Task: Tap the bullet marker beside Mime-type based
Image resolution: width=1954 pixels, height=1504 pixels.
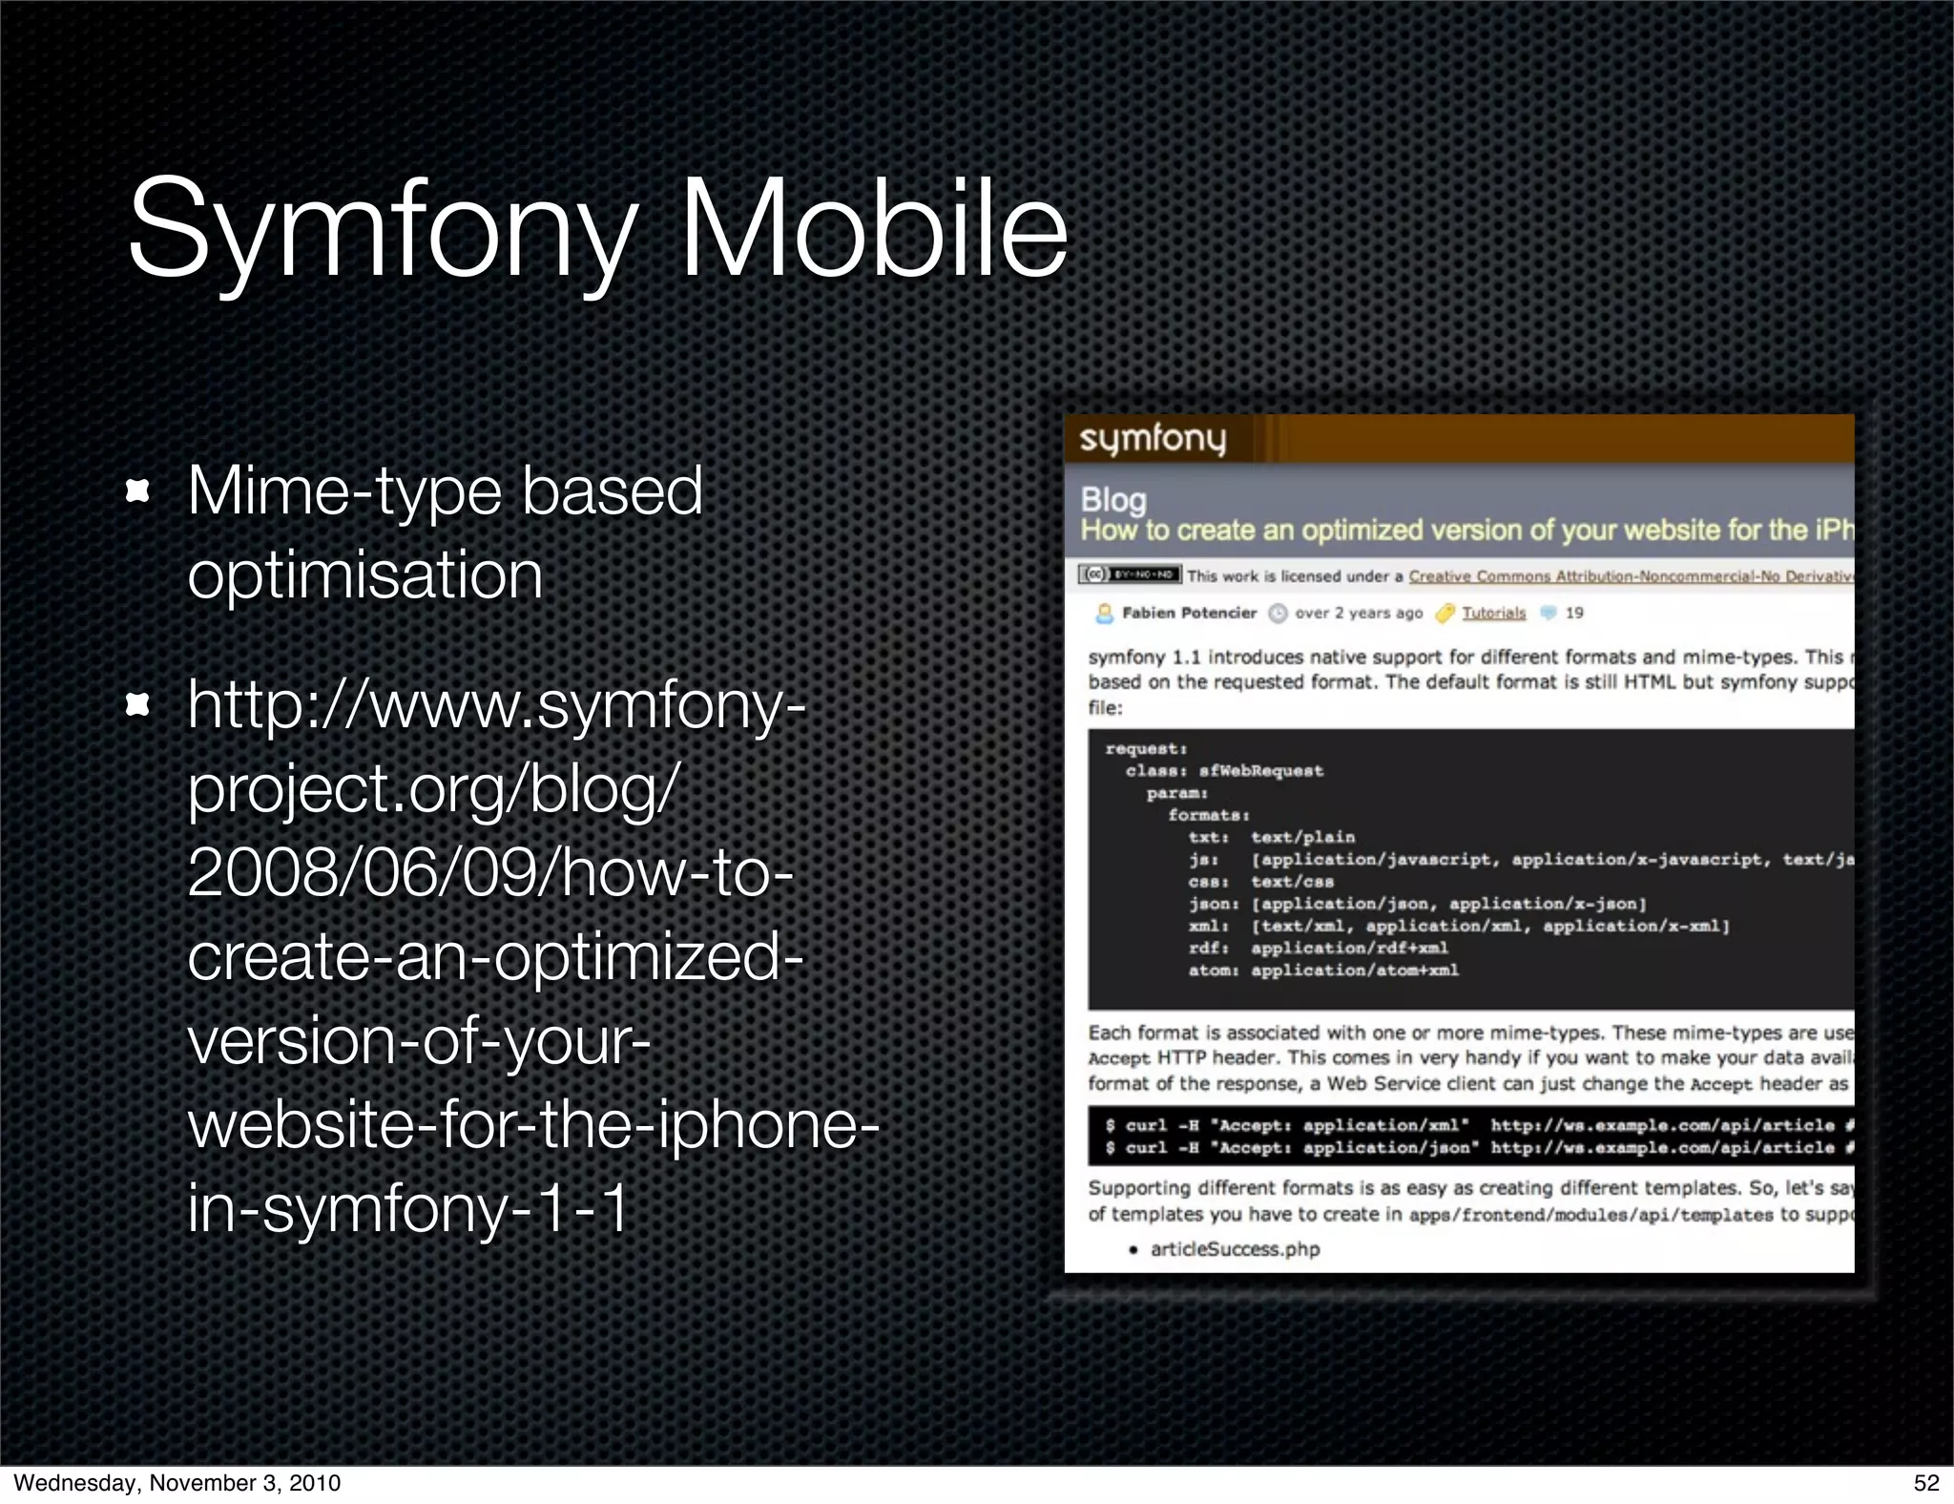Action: pos(138,491)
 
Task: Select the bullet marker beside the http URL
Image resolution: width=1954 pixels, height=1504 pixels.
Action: pos(138,705)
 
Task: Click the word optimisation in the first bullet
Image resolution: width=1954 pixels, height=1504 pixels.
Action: pos(364,575)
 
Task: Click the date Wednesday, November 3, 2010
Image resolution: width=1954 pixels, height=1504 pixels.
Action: pos(177,1482)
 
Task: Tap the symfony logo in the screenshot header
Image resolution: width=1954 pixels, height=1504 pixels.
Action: pos(1153,439)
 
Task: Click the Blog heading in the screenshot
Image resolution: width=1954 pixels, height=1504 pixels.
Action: pos(1113,499)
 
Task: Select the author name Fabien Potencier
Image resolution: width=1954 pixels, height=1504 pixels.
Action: pos(1189,613)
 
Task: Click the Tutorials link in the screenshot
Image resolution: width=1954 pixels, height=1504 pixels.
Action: pos(1493,613)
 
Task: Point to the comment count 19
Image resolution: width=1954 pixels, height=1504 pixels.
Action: pos(1574,613)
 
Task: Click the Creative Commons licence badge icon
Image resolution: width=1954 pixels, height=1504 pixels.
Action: pos(1130,574)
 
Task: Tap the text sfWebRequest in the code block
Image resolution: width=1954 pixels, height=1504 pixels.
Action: pos(1261,771)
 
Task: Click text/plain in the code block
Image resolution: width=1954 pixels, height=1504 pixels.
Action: pos(1302,837)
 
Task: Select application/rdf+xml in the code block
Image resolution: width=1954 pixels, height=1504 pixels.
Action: pos(1349,948)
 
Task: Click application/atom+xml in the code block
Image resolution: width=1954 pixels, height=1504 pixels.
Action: pos(1355,971)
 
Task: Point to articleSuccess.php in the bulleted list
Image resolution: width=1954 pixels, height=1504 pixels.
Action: pos(1235,1249)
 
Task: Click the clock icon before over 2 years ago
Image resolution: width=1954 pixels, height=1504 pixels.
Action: pos(1278,614)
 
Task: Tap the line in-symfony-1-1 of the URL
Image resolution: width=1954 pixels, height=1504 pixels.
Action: pos(408,1208)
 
